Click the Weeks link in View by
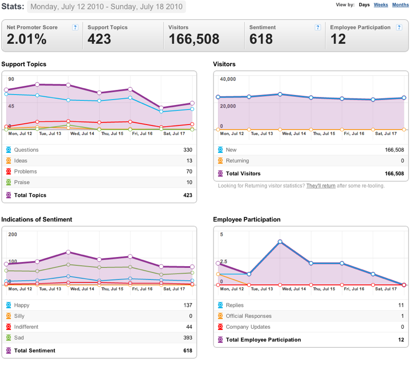[x=381, y=5]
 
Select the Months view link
[x=400, y=5]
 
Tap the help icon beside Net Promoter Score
[x=75, y=27]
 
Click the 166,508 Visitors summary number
[x=194, y=39]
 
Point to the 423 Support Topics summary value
[x=99, y=39]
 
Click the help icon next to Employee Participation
[x=399, y=27]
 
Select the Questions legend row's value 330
[x=188, y=150]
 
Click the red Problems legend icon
[x=9, y=171]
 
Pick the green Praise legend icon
[x=9, y=182]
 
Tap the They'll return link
[x=321, y=186]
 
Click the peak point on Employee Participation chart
[x=280, y=241]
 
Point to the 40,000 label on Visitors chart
[x=228, y=79]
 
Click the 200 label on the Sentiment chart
[x=12, y=234]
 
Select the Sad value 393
[x=188, y=337]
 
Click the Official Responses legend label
[x=249, y=316]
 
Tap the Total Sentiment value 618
[x=188, y=351]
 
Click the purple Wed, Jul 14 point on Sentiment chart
[x=68, y=252]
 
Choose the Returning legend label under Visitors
[x=237, y=161]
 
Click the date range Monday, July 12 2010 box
[x=106, y=6]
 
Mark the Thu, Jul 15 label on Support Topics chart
[x=112, y=134]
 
